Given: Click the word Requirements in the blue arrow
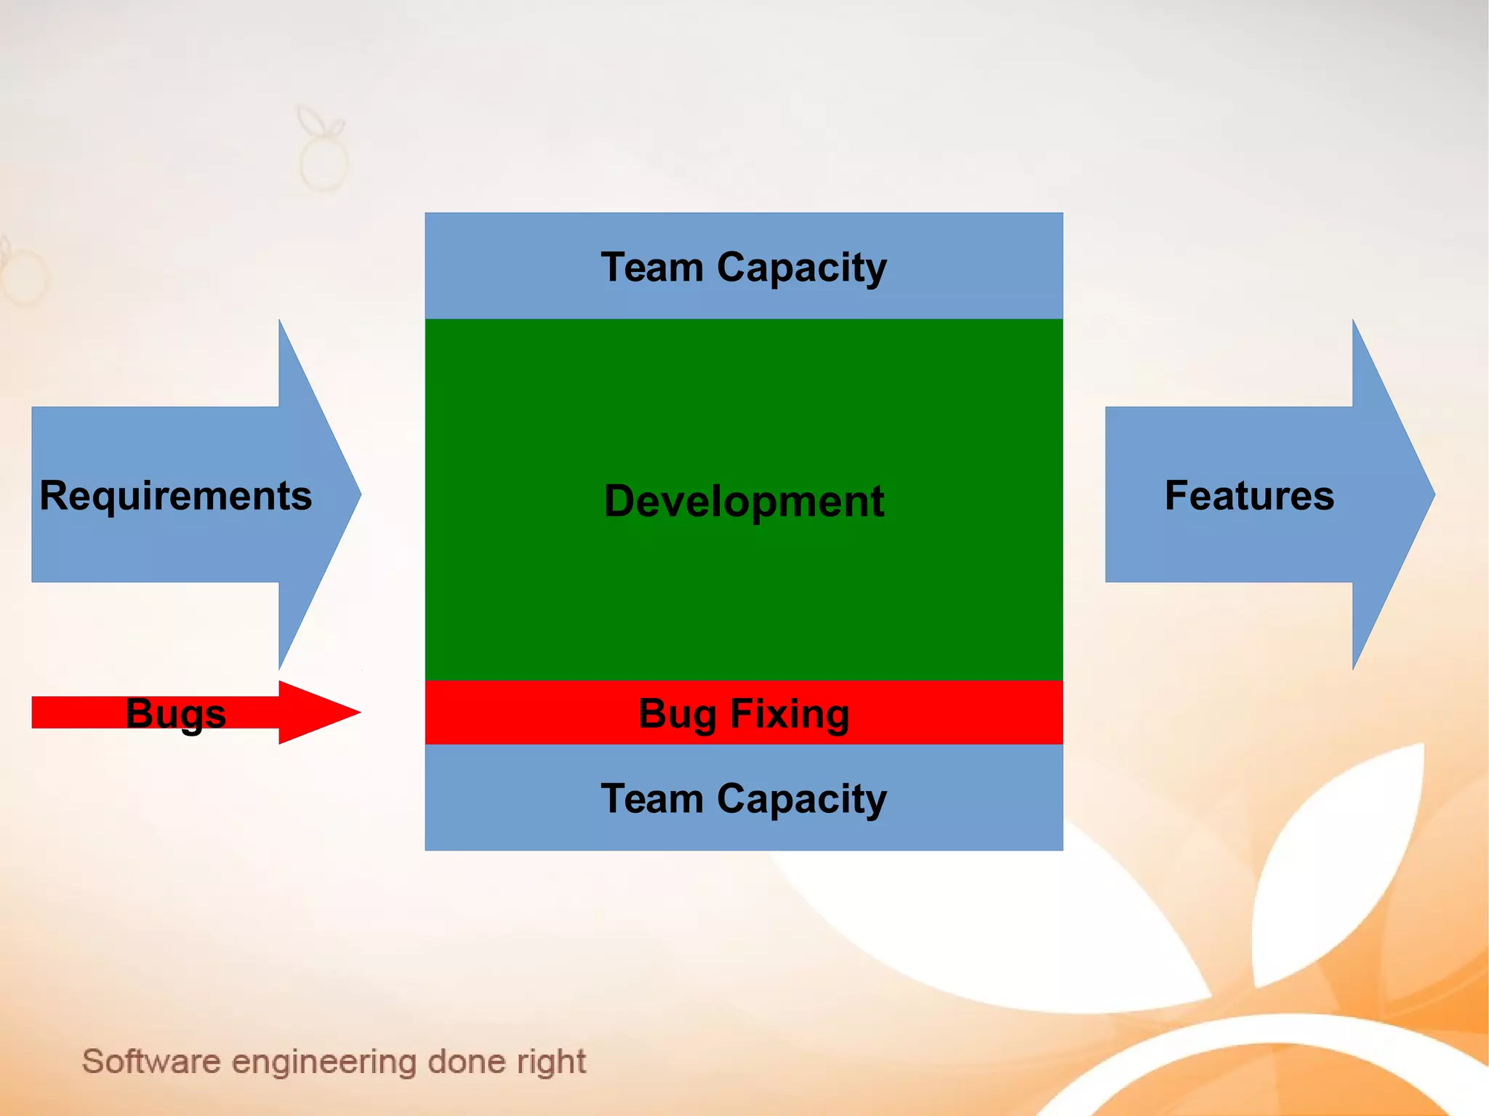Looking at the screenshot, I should pyautogui.click(x=175, y=496).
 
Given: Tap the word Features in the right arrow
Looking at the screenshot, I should pyautogui.click(x=1249, y=496).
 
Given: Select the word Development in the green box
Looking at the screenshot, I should pyautogui.click(x=744, y=501).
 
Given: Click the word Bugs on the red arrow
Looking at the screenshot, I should pyautogui.click(x=175, y=713).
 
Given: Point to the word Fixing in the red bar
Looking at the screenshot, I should pyautogui.click(x=790, y=713).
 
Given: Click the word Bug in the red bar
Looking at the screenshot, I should pyautogui.click(x=678, y=713).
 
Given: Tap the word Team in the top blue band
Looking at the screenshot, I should pyautogui.click(x=652, y=267).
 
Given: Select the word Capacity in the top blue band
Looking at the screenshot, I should pyautogui.click(x=801, y=268).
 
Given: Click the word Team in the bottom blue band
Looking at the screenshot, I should pyautogui.click(x=652, y=798).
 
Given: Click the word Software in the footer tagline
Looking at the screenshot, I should pyautogui.click(x=150, y=1061).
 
